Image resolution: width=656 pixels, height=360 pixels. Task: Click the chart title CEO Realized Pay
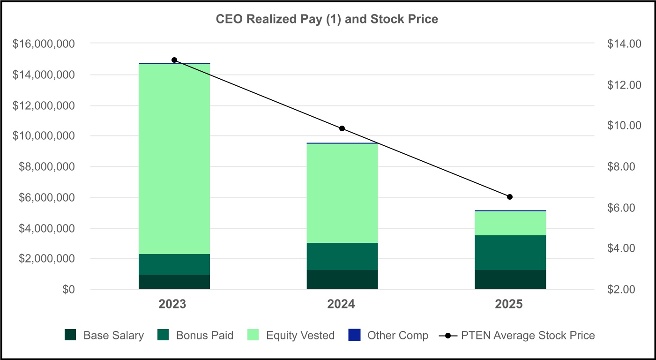coord(327,19)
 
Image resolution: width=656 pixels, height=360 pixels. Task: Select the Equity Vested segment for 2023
coord(174,159)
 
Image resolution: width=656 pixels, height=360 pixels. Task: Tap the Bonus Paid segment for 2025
coord(510,253)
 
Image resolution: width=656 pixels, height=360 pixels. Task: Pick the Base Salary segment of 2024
coord(343,279)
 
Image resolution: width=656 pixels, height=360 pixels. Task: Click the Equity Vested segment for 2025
coord(510,223)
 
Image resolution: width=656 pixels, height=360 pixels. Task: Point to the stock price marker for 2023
coord(174,60)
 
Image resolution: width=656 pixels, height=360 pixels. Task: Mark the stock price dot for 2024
coord(342,128)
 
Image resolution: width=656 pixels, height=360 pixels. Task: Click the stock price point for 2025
coord(510,197)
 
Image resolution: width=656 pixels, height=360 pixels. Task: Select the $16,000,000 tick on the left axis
coord(44,44)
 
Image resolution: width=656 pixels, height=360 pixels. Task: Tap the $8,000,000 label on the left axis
coord(47,167)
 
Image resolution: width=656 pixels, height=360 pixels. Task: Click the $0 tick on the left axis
coord(68,289)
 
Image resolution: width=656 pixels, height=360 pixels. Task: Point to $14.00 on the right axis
coord(624,44)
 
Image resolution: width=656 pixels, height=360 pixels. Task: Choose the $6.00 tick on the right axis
coord(621,208)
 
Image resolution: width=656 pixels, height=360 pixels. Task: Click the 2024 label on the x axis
coord(341,304)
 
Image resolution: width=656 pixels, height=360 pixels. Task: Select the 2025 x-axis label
coord(509,304)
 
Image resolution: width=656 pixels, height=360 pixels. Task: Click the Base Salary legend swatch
coord(70,335)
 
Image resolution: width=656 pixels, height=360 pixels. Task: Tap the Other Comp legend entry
coord(388,335)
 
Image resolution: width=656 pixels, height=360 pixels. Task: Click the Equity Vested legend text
coord(300,336)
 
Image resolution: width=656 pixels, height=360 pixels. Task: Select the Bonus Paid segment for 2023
coord(174,264)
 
